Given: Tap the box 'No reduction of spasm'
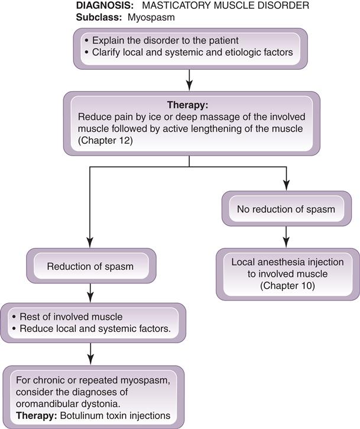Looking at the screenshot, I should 286,209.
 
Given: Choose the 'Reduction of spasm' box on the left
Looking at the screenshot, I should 90,266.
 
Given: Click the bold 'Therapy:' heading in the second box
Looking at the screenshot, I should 189,105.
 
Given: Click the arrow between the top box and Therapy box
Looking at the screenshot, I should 189,77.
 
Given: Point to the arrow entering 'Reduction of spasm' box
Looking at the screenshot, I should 89,237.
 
